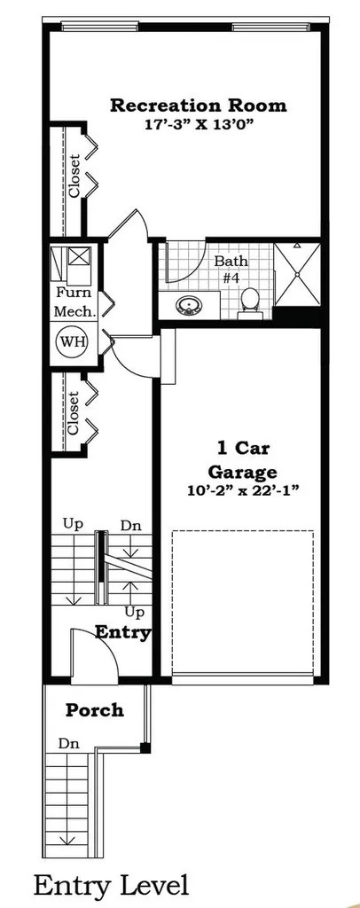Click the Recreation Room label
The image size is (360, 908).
[x=198, y=106]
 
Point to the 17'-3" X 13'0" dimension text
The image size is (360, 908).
[x=200, y=124]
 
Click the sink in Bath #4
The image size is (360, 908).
[x=187, y=305]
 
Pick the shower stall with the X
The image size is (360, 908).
[x=297, y=273]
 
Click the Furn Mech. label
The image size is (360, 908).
[x=74, y=301]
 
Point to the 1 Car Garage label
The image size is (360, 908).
[x=243, y=458]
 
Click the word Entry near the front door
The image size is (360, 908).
[x=123, y=631]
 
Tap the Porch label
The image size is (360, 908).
[x=94, y=709]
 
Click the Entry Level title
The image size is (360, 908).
[x=111, y=886]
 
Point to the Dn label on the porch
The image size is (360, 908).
[x=69, y=744]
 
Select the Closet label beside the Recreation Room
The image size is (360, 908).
[x=74, y=176]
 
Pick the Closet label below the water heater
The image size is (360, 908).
[x=73, y=413]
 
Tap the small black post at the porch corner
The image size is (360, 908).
[x=145, y=747]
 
